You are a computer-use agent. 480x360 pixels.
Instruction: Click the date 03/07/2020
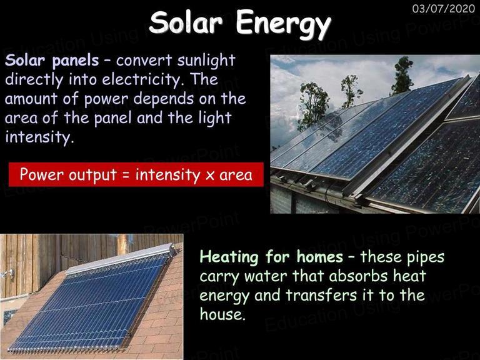[x=444, y=8]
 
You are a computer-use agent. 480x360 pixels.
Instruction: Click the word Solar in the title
[x=186, y=22]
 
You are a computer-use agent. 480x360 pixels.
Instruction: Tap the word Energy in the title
[x=284, y=25]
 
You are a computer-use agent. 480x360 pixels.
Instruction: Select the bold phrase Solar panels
[x=52, y=60]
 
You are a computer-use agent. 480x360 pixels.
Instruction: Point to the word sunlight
[x=206, y=60]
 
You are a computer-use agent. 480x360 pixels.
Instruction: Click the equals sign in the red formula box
[x=126, y=175]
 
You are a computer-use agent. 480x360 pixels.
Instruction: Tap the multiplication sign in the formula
[x=210, y=176]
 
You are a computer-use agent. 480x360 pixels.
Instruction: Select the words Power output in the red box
[x=68, y=175]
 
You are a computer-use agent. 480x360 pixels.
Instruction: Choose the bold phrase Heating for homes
[x=271, y=256]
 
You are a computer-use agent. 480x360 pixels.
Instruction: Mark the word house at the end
[x=222, y=314]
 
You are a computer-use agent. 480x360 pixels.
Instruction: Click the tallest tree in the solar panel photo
[x=401, y=76]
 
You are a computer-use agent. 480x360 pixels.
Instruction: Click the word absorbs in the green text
[x=358, y=276]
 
